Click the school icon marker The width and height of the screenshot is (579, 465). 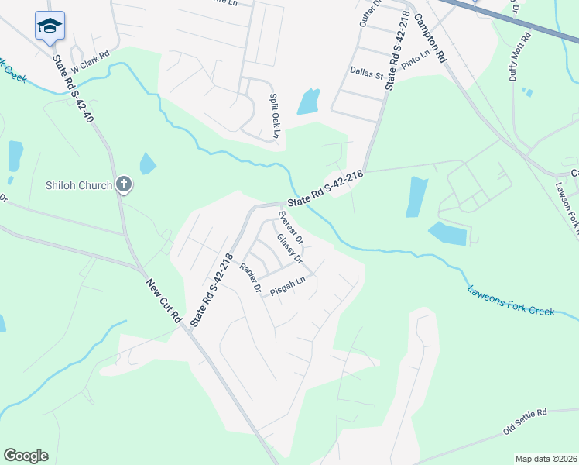[50, 26]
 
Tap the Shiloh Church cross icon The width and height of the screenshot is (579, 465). [122, 184]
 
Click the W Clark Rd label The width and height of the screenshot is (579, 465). [90, 57]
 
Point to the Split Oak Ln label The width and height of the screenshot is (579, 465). [274, 116]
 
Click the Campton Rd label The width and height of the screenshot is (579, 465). [430, 37]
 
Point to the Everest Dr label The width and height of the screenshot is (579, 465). [290, 222]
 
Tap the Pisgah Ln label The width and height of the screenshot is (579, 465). [288, 288]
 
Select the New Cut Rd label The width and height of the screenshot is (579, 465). [164, 301]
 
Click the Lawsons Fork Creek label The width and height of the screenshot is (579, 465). [511, 301]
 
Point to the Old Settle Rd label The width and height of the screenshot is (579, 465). [525, 421]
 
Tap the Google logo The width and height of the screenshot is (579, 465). [26, 456]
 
